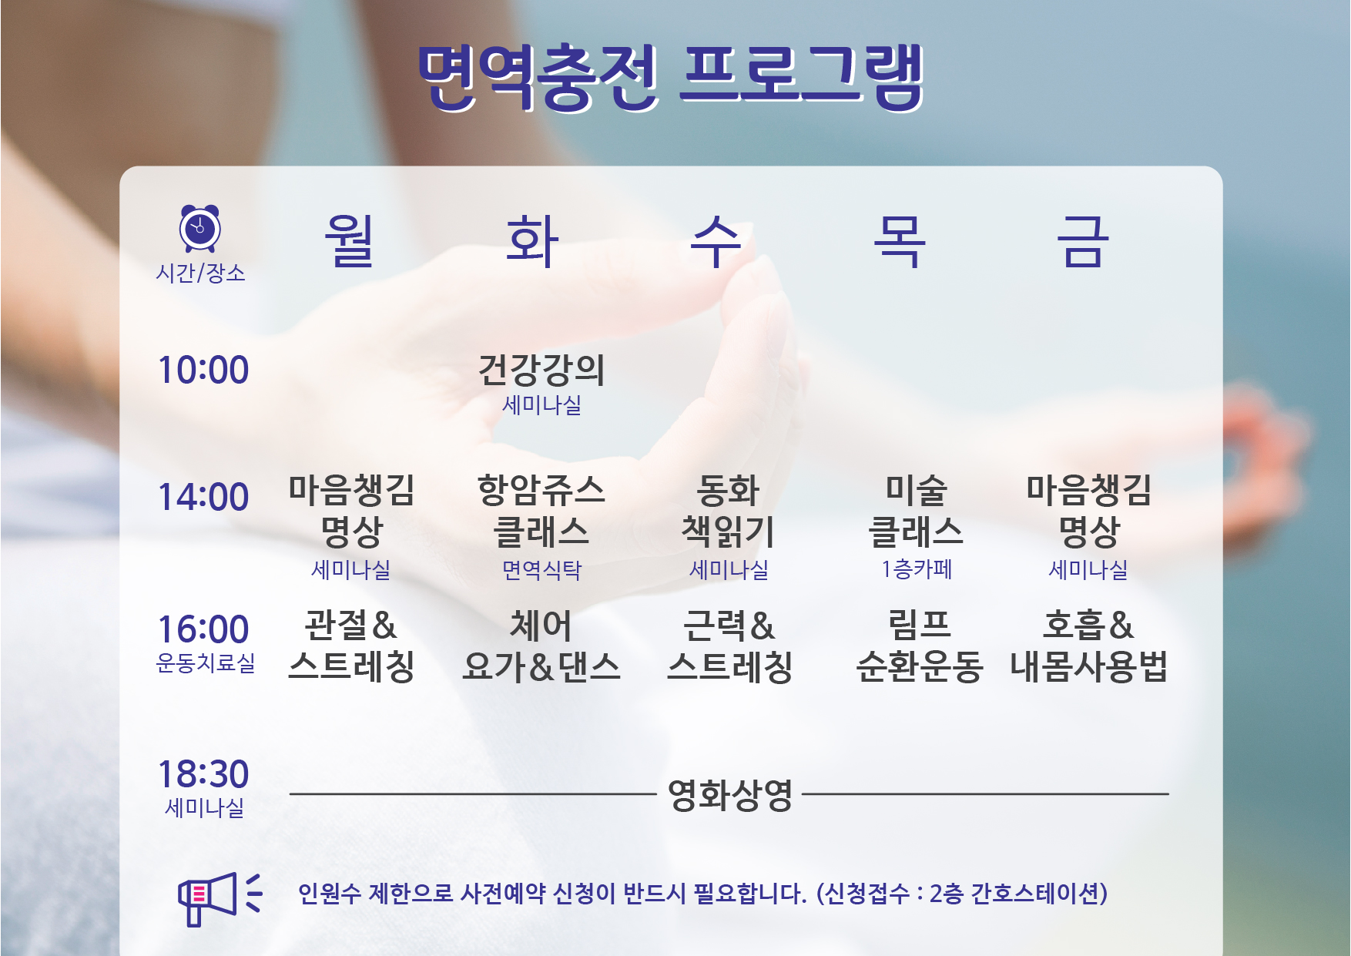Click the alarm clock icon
200,228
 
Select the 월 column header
349,241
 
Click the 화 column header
532,241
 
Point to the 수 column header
716,241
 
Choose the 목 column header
899,241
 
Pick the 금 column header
1082,241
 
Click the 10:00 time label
203,370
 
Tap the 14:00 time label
203,497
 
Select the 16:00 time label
203,629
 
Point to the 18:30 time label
203,774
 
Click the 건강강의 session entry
541,370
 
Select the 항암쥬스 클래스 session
541,511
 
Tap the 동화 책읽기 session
729,511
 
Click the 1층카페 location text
917,569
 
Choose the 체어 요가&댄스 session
541,646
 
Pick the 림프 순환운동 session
919,646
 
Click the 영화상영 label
730,795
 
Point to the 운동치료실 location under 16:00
206,662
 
